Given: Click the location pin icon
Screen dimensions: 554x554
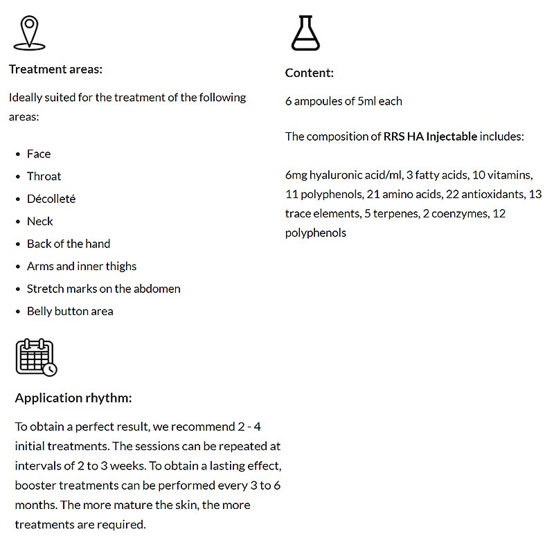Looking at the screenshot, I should pos(28,33).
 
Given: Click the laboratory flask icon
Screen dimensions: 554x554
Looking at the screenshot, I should pos(305,33).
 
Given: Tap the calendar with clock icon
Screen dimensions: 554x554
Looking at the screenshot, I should pos(36,357).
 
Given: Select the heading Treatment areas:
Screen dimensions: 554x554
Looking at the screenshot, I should pos(55,69).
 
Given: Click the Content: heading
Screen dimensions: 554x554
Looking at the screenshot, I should pos(309,73).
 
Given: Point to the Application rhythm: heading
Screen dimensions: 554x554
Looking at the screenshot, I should pos(73,398).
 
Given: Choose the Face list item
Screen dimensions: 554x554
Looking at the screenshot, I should pos(39,154).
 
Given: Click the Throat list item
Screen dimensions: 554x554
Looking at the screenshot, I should pos(44,177).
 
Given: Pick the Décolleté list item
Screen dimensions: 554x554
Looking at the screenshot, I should pos(51,199).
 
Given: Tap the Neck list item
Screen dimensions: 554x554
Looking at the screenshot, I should pos(39,222).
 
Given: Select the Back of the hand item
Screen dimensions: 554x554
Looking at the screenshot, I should pos(69,244).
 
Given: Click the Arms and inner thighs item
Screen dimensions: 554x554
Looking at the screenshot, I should pos(82,267).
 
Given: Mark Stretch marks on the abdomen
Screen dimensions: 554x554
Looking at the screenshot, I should pos(103,289).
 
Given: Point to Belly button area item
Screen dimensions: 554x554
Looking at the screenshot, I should pos(70,312).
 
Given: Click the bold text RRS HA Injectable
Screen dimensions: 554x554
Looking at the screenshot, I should pos(430,136).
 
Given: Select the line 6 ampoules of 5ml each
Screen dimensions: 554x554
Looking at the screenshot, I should pos(343,101).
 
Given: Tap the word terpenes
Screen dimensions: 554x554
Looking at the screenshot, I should pos(393,214).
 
